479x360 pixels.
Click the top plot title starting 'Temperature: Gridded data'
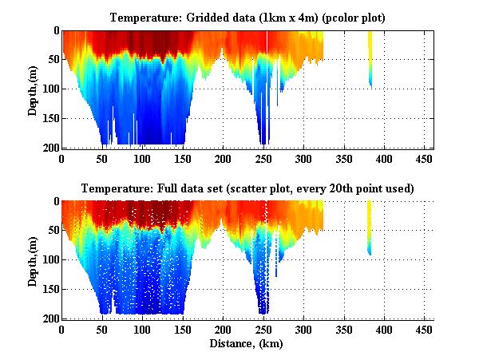tap(247, 18)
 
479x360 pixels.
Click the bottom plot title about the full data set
tap(247, 189)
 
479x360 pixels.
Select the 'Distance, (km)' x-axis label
tap(247, 345)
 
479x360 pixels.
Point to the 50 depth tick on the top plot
tap(53, 60)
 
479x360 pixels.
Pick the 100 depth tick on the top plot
tap(50, 89)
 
